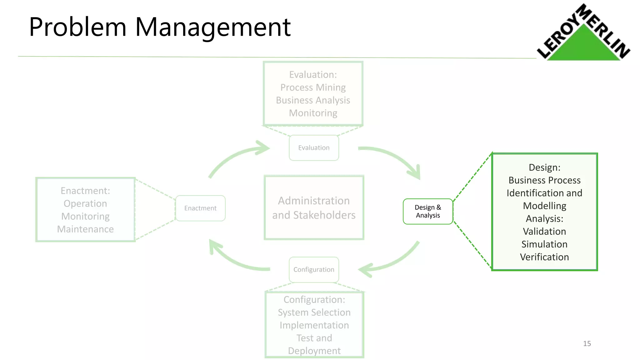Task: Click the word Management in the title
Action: (212, 27)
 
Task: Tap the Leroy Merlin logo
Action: (583, 34)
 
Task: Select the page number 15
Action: (587, 343)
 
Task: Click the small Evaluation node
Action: (314, 148)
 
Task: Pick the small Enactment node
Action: (200, 208)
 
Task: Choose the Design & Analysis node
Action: (428, 211)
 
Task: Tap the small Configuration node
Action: (314, 269)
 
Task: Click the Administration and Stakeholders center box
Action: (314, 208)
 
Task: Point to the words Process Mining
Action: (313, 87)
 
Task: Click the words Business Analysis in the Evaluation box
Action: (313, 100)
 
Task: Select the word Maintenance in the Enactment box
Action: (85, 229)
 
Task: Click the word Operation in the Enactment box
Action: (85, 203)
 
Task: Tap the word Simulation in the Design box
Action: (544, 244)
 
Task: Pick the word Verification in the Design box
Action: (544, 257)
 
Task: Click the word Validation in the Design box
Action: (544, 231)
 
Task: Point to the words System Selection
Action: (314, 312)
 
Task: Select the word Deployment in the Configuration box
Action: (314, 351)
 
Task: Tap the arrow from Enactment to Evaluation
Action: (234, 158)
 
